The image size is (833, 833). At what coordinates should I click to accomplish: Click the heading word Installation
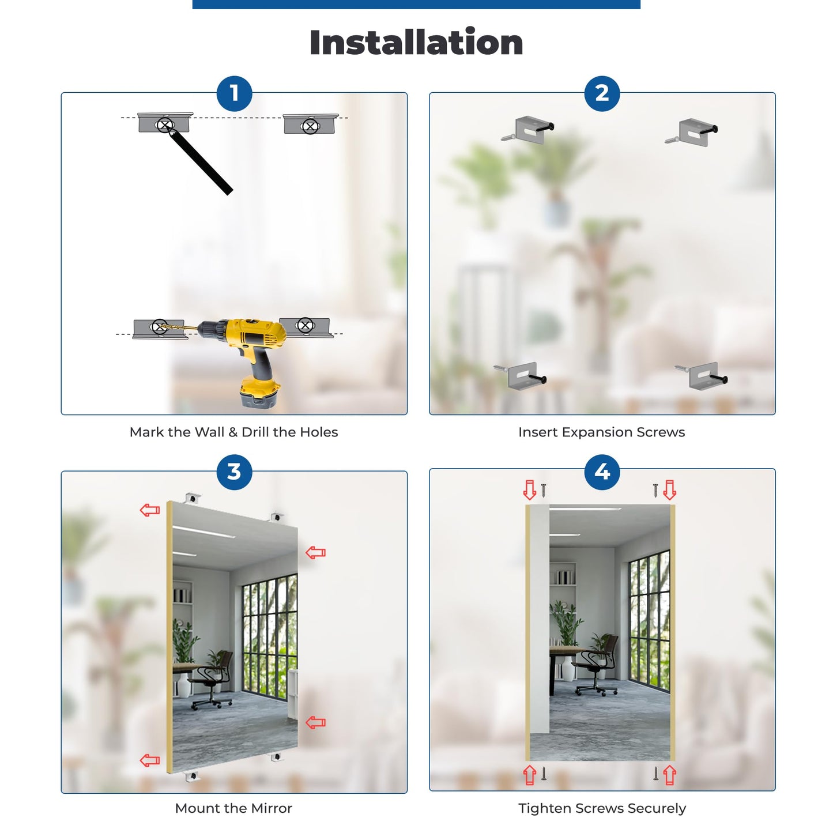(416, 42)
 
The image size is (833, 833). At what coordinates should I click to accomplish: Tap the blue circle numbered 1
(234, 93)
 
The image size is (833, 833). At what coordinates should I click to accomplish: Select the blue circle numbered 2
(602, 93)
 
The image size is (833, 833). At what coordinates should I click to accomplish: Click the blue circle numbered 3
(234, 472)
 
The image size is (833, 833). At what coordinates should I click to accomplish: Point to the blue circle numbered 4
(602, 472)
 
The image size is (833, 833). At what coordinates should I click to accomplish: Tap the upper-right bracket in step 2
(693, 132)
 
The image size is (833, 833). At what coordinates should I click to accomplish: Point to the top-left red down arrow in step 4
(530, 490)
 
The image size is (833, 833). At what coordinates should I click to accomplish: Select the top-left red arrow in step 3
(150, 510)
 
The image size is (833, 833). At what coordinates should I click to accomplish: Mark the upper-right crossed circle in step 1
(310, 127)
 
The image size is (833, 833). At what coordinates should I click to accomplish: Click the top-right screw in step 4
(656, 490)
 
